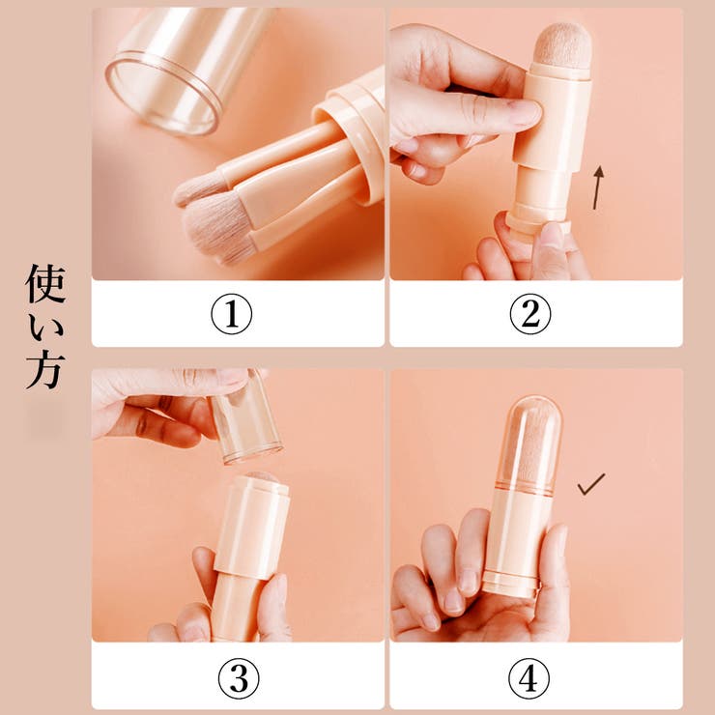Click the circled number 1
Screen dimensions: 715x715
click(x=231, y=314)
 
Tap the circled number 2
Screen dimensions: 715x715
click(x=530, y=314)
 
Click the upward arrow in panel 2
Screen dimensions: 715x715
click(x=599, y=186)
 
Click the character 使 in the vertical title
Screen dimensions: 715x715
click(x=46, y=282)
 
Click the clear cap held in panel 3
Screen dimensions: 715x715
click(x=247, y=417)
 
